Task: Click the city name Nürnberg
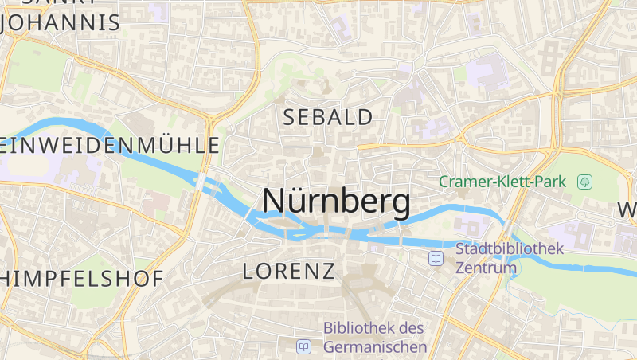[x=336, y=202]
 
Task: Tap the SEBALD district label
[x=328, y=117]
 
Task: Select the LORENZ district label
[x=288, y=271]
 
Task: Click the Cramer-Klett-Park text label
[x=502, y=182]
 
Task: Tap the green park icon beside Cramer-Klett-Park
[x=585, y=182]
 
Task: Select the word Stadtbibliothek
[x=509, y=248]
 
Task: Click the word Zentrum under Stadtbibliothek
[x=486, y=268]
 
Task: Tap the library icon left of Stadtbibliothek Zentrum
[x=436, y=258]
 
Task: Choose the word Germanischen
[x=375, y=347]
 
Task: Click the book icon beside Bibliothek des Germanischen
[x=303, y=346]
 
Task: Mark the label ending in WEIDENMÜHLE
[x=110, y=145]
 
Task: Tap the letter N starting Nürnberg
[x=274, y=202]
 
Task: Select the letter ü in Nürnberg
[x=299, y=202]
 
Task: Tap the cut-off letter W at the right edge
[x=627, y=211]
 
